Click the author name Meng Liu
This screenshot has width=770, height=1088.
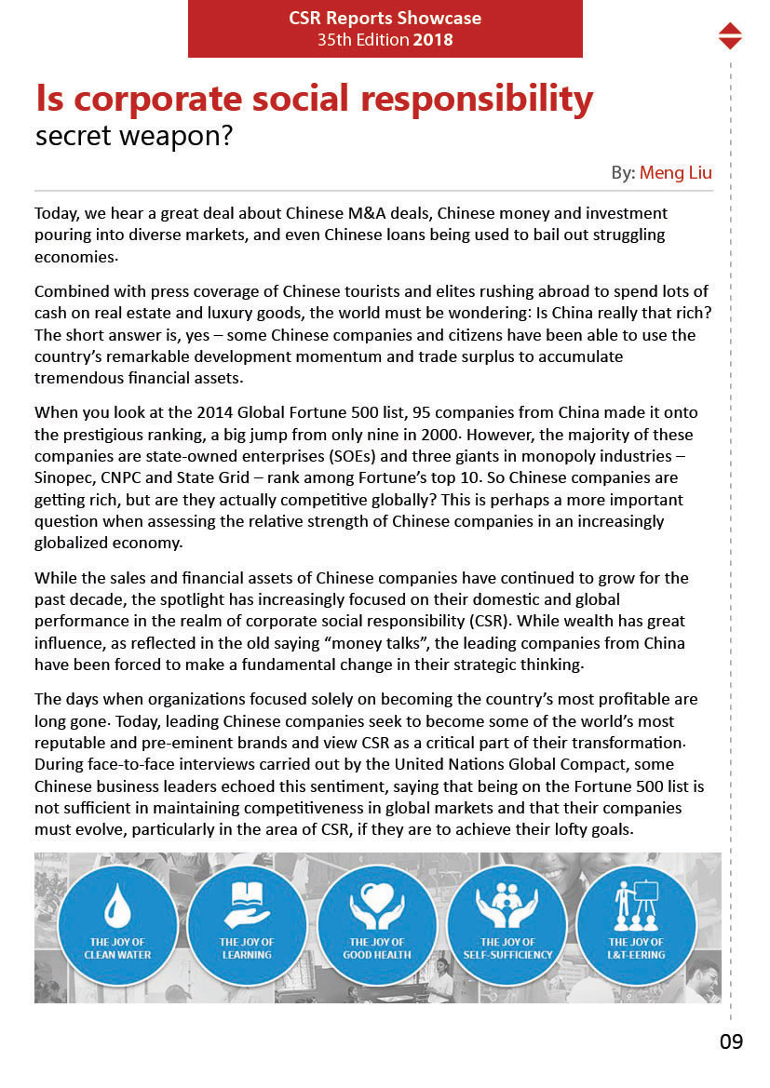[676, 173]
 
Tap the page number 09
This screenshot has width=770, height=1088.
[731, 1041]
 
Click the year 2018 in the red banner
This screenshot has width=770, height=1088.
[433, 40]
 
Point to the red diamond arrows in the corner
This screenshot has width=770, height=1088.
[731, 35]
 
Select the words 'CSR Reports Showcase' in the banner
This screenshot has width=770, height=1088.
[385, 19]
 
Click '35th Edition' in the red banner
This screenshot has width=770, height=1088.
[363, 40]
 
